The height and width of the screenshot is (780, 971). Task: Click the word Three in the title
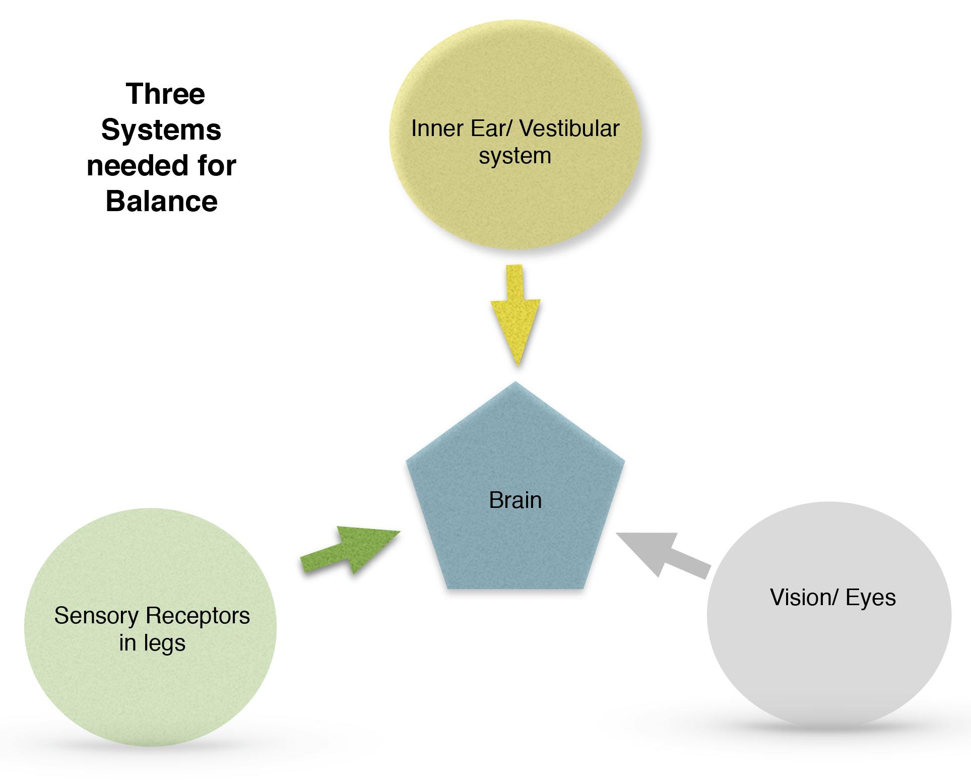[x=165, y=94]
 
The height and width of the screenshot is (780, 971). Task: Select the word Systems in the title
[x=161, y=130]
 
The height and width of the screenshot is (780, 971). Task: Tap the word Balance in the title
[x=162, y=201]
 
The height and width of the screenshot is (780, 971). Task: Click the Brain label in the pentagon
[x=515, y=500]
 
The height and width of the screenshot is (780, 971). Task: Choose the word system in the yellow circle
[x=515, y=156]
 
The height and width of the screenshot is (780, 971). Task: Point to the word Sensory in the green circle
[x=96, y=616]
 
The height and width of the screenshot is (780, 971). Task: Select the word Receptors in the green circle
[x=198, y=616]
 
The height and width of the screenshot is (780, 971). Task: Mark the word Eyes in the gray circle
[x=871, y=598]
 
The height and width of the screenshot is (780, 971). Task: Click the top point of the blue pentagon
[x=516, y=383]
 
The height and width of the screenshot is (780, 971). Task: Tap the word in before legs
[x=127, y=643]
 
